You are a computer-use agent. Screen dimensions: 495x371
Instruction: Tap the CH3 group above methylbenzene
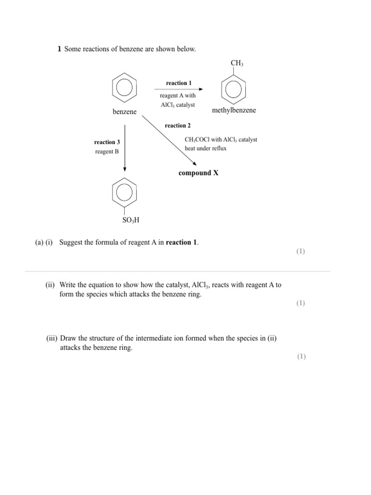pos(237,63)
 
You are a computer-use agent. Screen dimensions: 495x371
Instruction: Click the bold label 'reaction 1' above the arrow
pos(179,83)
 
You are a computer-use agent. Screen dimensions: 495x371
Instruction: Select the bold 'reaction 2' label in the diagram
pos(178,126)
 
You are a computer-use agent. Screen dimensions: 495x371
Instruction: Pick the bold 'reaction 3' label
pos(107,142)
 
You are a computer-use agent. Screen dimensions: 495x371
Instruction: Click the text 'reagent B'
pos(107,152)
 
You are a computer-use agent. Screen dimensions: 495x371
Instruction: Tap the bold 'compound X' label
pos(199,173)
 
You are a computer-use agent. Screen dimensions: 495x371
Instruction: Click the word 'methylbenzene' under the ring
pos(234,111)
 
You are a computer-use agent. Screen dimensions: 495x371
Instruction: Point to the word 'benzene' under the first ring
pos(125,112)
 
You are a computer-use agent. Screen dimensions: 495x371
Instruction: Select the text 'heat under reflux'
pos(205,148)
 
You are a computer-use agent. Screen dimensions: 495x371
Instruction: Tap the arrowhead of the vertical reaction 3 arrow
pos(125,169)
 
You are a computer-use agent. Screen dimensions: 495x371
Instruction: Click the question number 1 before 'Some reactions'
pos(59,49)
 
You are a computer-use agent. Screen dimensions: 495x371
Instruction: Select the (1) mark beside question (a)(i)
pos(300,251)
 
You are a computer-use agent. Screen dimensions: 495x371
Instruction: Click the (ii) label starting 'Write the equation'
pos(51,285)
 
